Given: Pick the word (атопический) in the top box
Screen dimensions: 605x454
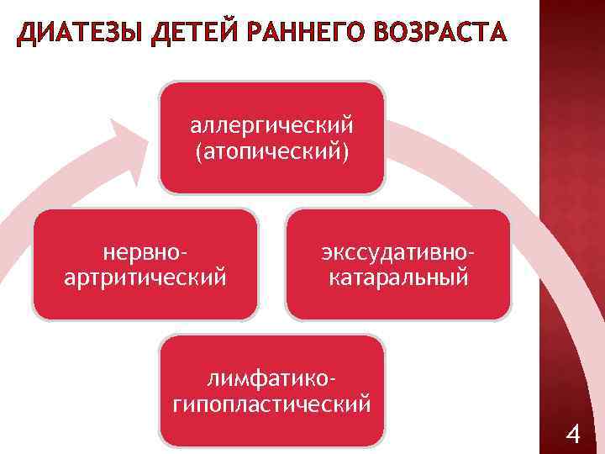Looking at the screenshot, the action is point(271,153).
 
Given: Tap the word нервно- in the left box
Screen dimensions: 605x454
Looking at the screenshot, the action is point(145,251).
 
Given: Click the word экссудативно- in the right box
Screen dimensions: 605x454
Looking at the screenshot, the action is point(397,251).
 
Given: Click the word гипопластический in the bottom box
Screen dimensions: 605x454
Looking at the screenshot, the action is point(271,405).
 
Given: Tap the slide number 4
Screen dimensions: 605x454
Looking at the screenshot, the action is point(574,435).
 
